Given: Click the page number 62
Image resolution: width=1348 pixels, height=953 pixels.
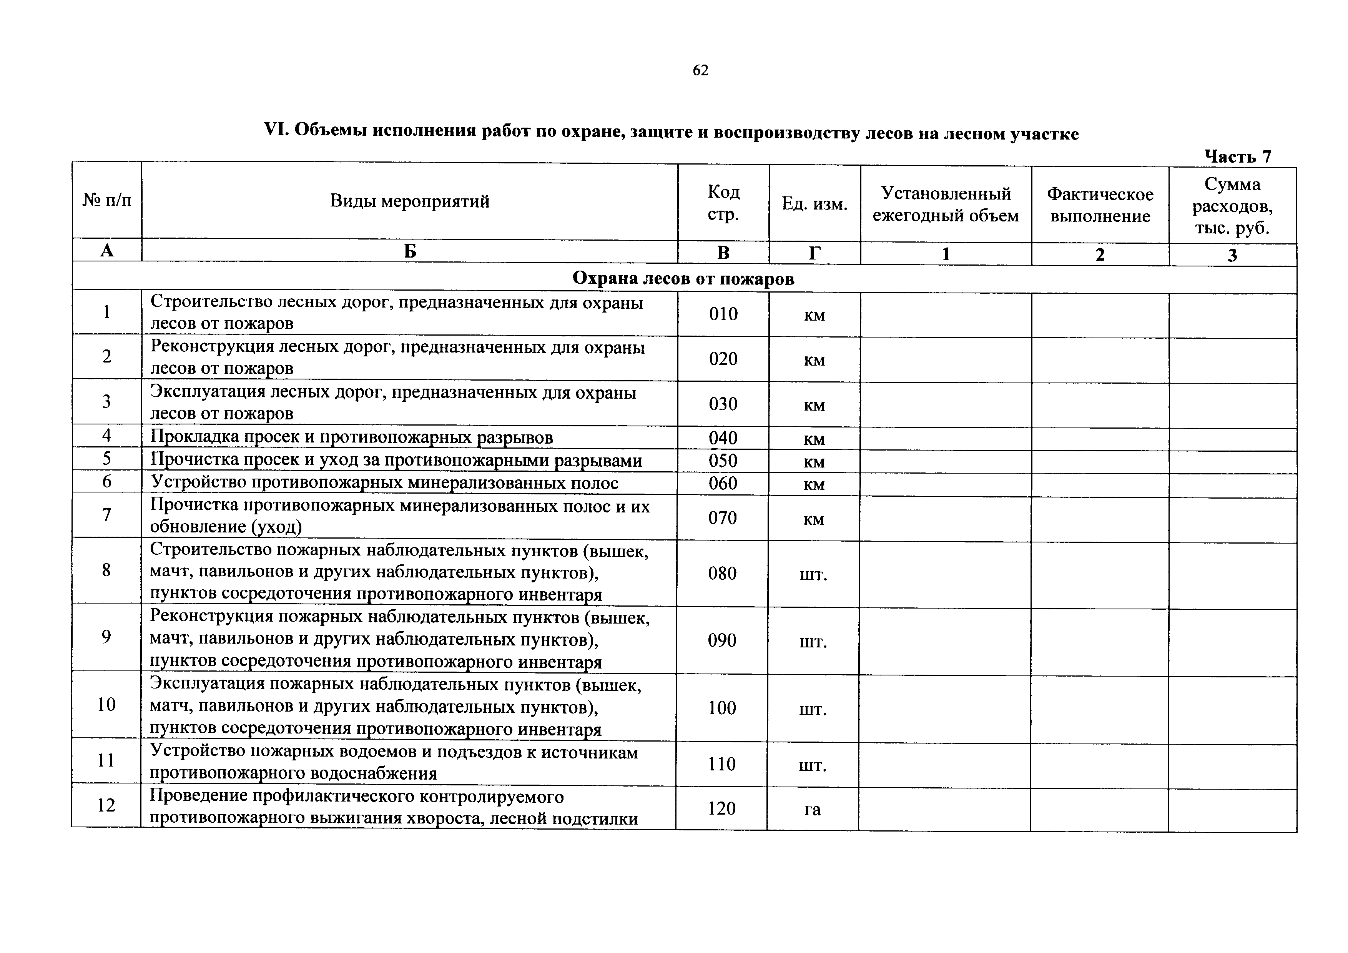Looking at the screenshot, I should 700,70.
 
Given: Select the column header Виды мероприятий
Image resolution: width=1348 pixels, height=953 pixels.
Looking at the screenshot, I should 409,201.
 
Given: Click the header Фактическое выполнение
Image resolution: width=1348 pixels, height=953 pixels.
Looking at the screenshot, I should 1100,205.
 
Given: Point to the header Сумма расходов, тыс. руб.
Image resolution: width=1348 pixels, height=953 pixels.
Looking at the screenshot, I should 1232,206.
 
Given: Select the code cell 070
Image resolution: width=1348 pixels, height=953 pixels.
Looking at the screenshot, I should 722,517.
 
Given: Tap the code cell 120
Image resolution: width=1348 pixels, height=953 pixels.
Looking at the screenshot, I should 721,808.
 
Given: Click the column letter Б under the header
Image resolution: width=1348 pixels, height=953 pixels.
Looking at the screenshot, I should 410,251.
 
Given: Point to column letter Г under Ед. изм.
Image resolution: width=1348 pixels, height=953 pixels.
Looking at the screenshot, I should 814,253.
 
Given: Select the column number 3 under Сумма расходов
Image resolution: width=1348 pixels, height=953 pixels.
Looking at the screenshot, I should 1232,255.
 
